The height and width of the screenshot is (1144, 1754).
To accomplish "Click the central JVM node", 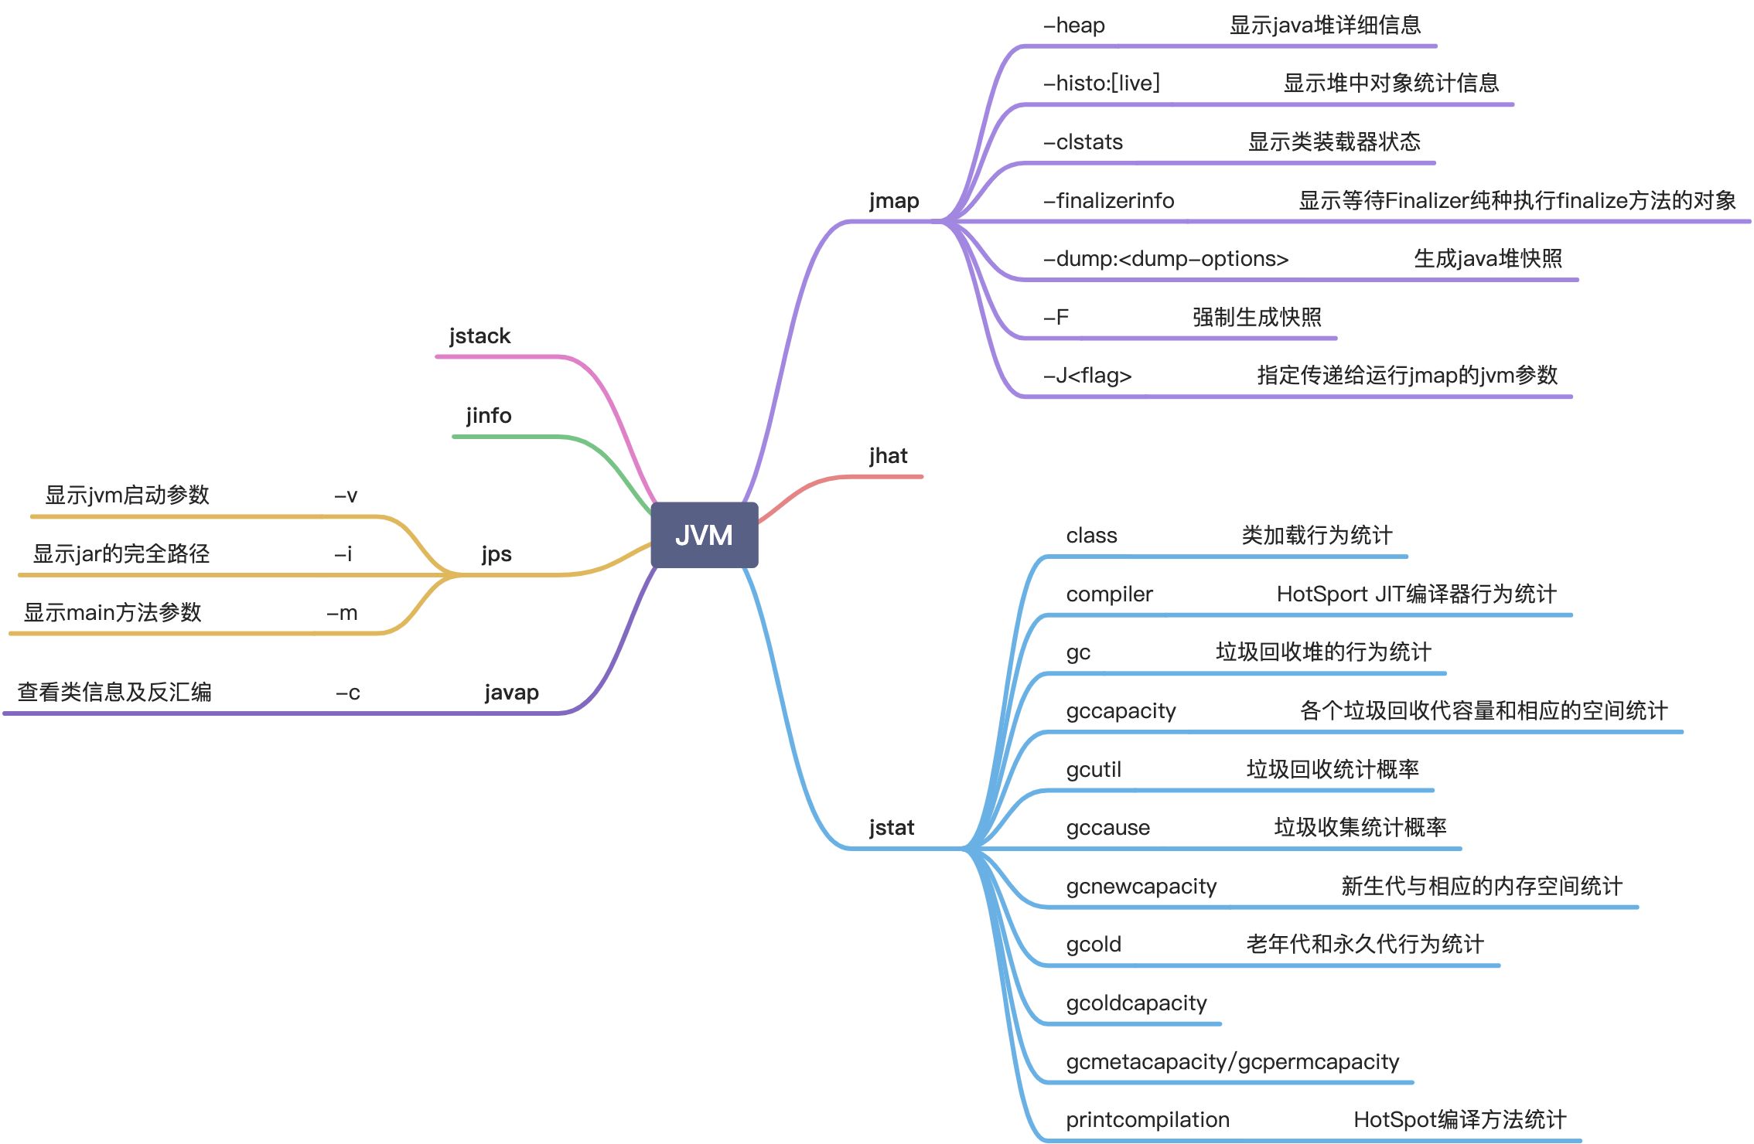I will (704, 535).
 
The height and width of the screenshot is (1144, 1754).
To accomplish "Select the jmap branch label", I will (894, 201).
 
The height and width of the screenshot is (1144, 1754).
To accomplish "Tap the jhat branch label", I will (888, 456).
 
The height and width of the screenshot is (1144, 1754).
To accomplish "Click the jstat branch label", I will (892, 828).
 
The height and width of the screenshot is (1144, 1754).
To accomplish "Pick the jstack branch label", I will (479, 336).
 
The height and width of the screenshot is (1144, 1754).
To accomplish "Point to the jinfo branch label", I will (489, 416).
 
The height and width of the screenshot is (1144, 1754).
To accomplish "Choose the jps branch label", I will (497, 554).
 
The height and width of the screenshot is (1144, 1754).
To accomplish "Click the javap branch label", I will (511, 693).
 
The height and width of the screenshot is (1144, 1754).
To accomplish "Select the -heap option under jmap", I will (1074, 26).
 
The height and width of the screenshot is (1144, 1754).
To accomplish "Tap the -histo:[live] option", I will (1101, 83).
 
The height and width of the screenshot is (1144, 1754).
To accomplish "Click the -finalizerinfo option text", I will (1108, 201).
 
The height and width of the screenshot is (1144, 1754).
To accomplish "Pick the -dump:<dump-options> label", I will (1165, 259).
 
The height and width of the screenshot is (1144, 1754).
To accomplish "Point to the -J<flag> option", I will (1087, 376).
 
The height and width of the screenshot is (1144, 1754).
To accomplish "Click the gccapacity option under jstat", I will (1121, 711).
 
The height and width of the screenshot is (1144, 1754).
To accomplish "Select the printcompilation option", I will (1147, 1120).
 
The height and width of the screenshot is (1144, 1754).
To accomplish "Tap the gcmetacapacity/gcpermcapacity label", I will (1232, 1062).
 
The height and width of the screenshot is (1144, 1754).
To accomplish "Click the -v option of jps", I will (346, 495).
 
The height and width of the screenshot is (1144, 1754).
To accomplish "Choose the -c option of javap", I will (348, 693).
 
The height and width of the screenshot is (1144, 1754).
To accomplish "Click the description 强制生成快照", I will (1257, 317).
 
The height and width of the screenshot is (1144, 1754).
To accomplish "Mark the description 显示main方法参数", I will (112, 613).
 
